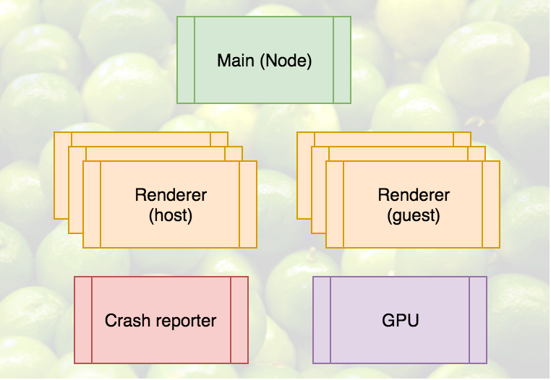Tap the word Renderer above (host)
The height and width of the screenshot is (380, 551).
click(x=171, y=195)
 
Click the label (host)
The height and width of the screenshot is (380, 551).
click(x=171, y=215)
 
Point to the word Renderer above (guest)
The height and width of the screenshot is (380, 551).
click(x=414, y=195)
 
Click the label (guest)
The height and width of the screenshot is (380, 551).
click(x=414, y=215)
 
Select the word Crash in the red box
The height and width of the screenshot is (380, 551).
click(x=127, y=320)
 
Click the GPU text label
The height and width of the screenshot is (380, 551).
click(x=399, y=320)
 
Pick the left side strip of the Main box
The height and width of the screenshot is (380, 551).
click(x=186, y=60)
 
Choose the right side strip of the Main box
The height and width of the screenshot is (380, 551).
click(x=341, y=60)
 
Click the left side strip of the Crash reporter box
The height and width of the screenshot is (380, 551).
click(x=83, y=319)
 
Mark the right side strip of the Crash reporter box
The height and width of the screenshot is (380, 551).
click(x=239, y=319)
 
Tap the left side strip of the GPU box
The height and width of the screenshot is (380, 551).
click(x=322, y=319)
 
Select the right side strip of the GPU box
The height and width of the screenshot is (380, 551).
click(x=478, y=319)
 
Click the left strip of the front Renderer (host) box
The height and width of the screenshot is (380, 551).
click(x=92, y=204)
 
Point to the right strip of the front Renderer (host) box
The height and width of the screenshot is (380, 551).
click(x=248, y=204)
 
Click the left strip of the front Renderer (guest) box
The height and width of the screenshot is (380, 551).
click(x=335, y=204)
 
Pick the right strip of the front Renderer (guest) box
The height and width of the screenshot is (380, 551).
click(x=491, y=204)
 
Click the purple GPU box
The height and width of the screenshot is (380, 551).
click(x=399, y=340)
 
